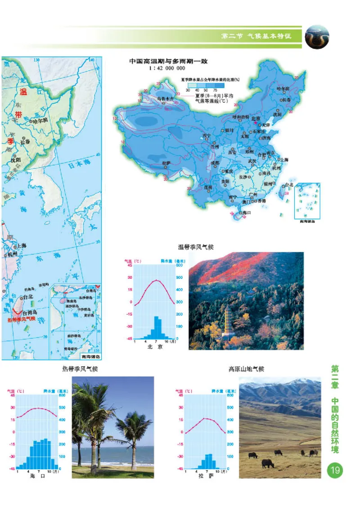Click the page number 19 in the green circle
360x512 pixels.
click(335, 471)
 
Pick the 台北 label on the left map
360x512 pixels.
click(28, 297)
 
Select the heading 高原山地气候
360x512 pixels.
click(246, 369)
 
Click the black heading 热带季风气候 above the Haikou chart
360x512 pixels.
click(80, 369)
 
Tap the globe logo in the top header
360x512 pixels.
click(317, 36)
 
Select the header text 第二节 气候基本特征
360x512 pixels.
click(256, 36)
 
